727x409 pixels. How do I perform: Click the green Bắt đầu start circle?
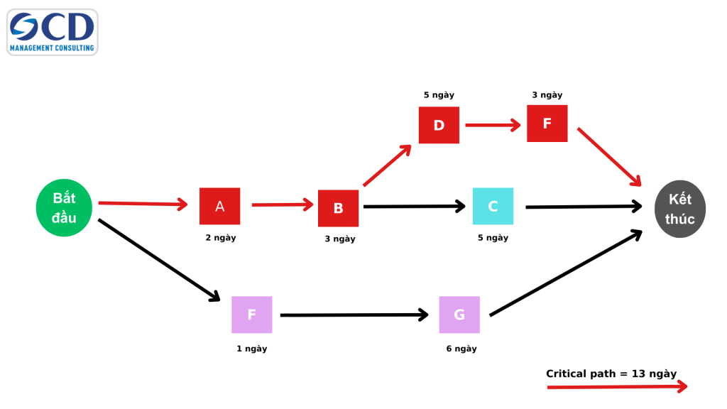pyautogui.click(x=65, y=207)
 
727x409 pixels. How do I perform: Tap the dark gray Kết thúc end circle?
pyautogui.click(x=679, y=209)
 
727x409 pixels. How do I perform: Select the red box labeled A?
pyautogui.click(x=219, y=207)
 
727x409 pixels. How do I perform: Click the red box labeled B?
pyautogui.click(x=338, y=208)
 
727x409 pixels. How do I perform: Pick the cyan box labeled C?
pyautogui.click(x=493, y=207)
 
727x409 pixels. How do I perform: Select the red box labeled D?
pyautogui.click(x=439, y=125)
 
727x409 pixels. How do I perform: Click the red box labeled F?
pyautogui.click(x=547, y=123)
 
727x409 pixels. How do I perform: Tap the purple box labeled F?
pyautogui.click(x=251, y=315)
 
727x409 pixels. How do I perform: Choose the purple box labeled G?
pyautogui.click(x=459, y=315)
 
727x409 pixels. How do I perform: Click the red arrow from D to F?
pyautogui.click(x=493, y=125)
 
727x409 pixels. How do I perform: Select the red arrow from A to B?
pyautogui.click(x=282, y=205)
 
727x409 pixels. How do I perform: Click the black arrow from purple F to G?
pyautogui.click(x=354, y=315)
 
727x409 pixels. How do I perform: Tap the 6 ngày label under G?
pyautogui.click(x=461, y=349)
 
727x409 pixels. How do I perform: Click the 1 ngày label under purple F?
pyautogui.click(x=252, y=349)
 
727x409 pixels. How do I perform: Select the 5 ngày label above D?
pyautogui.click(x=439, y=94)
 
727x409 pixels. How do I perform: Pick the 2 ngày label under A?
pyautogui.click(x=221, y=238)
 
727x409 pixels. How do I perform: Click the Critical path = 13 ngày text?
pyautogui.click(x=611, y=373)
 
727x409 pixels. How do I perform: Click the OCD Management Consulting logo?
pyautogui.click(x=52, y=32)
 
